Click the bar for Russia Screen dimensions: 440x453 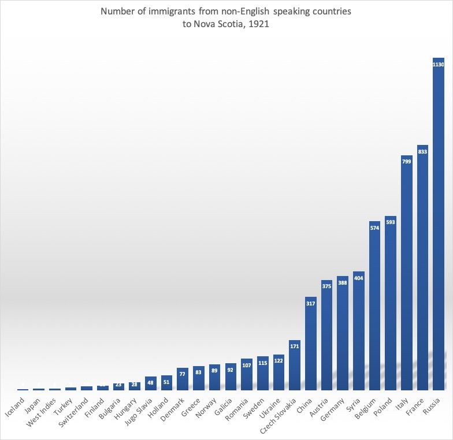pos(439,225)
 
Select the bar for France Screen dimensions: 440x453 pos(422,269)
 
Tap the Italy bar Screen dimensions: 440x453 pos(407,274)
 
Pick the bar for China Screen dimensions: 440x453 pos(311,344)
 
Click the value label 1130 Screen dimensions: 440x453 pos(439,65)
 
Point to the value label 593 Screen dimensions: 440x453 pos(391,222)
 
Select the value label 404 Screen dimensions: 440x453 pos(359,278)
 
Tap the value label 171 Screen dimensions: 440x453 pos(295,346)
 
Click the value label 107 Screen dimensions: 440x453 pos(247,365)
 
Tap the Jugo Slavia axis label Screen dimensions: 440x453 pos(139,411)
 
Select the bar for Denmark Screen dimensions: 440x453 pos(183,379)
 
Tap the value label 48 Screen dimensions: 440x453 pos(151,382)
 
